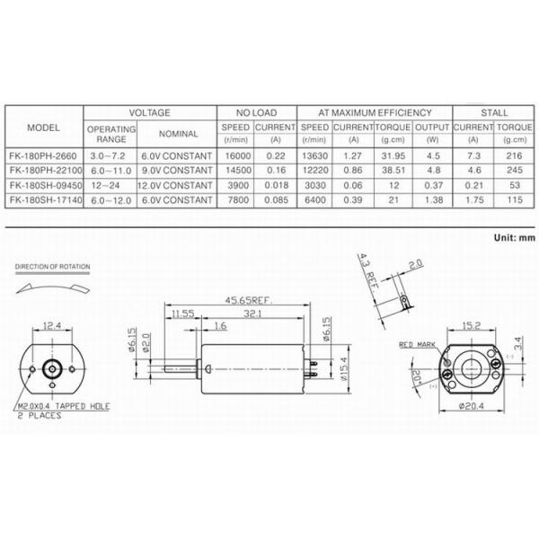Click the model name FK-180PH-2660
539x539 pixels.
click(43, 154)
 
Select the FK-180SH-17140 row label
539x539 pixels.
click(44, 199)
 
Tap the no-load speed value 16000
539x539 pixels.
click(236, 154)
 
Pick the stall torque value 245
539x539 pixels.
click(515, 169)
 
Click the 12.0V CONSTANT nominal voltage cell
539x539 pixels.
click(177, 184)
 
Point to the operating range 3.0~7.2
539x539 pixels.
click(110, 154)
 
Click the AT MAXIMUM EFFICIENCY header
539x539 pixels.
click(375, 113)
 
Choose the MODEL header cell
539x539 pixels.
click(43, 127)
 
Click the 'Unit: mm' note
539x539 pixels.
click(511, 237)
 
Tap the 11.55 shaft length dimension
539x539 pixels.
click(183, 314)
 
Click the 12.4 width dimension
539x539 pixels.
click(51, 325)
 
